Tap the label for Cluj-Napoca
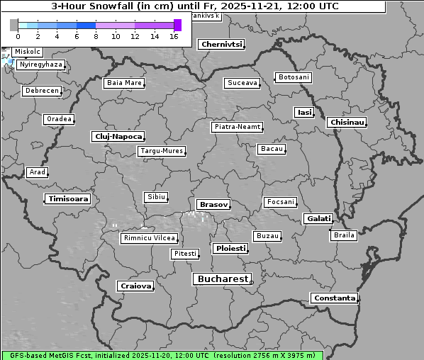tap(118, 136)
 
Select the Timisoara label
tap(68, 199)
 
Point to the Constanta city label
tap(334, 298)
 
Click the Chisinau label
tap(347, 123)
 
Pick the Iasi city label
tap(304, 112)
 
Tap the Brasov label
tap(213, 204)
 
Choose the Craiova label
tap(135, 286)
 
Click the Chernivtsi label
tap(221, 44)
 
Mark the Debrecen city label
tap(42, 91)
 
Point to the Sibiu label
tap(155, 196)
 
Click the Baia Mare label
tap(124, 83)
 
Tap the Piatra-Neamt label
tap(237, 127)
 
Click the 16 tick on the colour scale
tap(174, 35)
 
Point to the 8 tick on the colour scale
tap(96, 35)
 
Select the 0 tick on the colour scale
tap(17, 35)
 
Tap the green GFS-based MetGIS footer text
tap(162, 355)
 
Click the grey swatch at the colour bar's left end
tap(13, 25)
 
